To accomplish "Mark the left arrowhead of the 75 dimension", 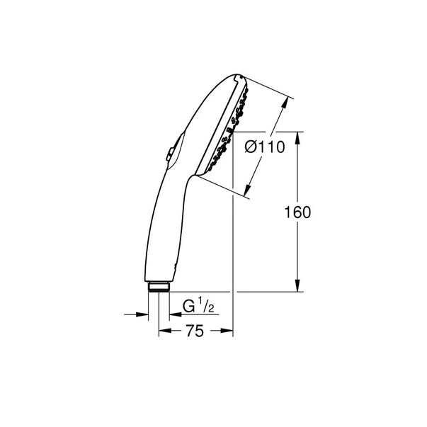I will click(x=164, y=330).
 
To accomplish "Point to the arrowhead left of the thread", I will click(x=144, y=315).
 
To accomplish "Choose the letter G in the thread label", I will click(x=188, y=307).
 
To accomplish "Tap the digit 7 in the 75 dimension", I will click(x=189, y=331).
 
